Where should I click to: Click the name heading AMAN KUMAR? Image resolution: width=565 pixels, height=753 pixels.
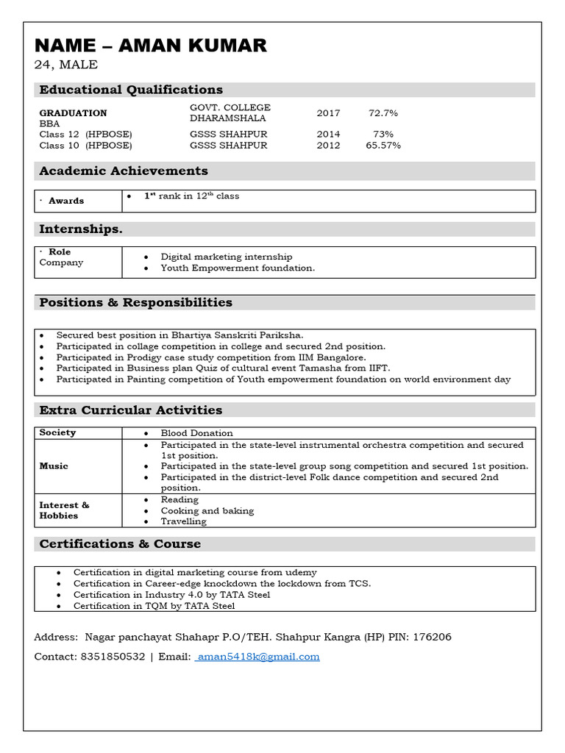pos(151,46)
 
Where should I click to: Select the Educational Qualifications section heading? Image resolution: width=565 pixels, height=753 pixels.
pos(131,90)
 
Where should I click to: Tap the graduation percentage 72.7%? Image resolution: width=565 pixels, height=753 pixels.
pos(383,113)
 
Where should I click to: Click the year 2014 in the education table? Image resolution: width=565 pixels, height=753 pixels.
pos(328,134)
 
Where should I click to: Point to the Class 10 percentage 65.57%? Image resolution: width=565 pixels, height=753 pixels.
pos(383,146)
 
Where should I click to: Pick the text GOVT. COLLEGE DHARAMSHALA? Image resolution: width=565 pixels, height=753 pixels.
pos(230,113)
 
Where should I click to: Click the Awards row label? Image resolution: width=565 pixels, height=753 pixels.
pos(66,201)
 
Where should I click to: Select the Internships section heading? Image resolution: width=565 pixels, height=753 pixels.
pos(81,229)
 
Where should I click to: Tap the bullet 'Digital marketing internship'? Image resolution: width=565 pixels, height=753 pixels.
pos(227,257)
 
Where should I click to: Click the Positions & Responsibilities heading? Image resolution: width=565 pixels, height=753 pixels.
pos(135,302)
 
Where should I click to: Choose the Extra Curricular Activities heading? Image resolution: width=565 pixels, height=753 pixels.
pos(130,410)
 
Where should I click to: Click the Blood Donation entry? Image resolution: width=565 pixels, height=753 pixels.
pos(196,433)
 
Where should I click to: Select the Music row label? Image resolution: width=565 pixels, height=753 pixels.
pos(54,465)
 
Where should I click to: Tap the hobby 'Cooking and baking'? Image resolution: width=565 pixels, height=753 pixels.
pos(207,510)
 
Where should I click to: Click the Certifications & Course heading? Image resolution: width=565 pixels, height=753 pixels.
pos(120,544)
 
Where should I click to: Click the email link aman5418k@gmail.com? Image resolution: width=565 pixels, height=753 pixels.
pos(258,657)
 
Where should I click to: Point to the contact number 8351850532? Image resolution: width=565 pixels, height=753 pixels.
pos(112,657)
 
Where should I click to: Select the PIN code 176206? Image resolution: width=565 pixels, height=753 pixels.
pos(433,636)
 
